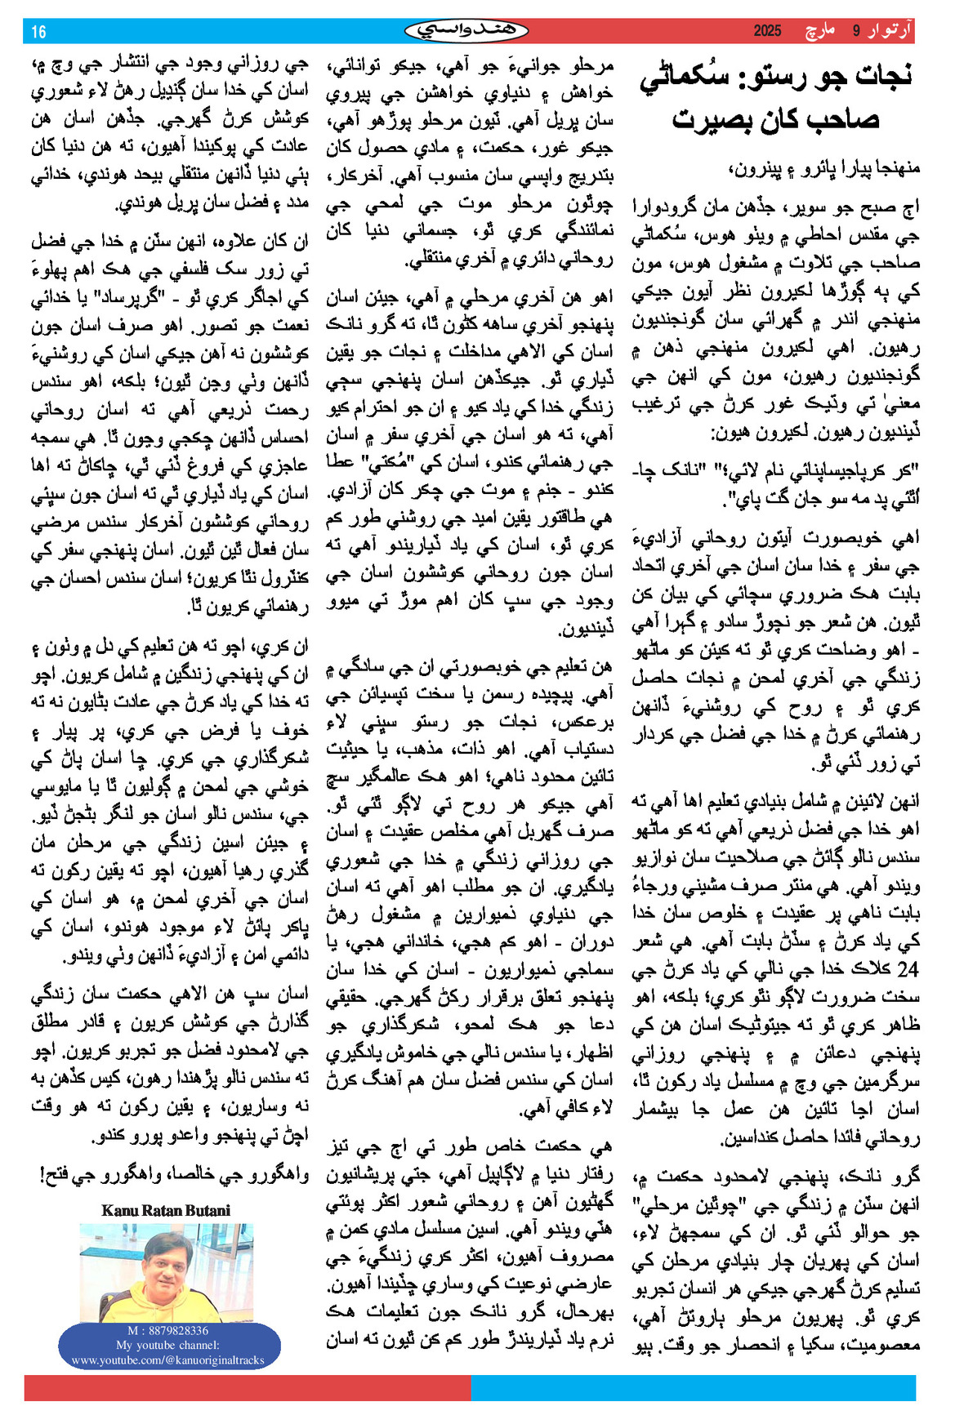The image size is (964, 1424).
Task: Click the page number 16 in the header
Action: (x=38, y=32)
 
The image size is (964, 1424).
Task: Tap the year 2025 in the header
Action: (x=767, y=31)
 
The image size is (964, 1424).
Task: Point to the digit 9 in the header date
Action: (x=856, y=31)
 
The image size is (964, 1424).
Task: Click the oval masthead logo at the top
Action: (x=466, y=31)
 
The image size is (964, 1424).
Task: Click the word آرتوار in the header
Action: (x=888, y=31)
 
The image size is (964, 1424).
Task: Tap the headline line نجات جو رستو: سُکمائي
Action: (x=775, y=77)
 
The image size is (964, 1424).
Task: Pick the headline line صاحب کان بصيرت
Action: (x=775, y=120)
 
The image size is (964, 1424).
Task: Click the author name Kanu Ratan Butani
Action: (x=166, y=1210)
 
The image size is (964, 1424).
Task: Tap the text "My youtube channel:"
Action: (x=167, y=1345)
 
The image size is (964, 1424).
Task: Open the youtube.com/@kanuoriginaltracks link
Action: (x=167, y=1359)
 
